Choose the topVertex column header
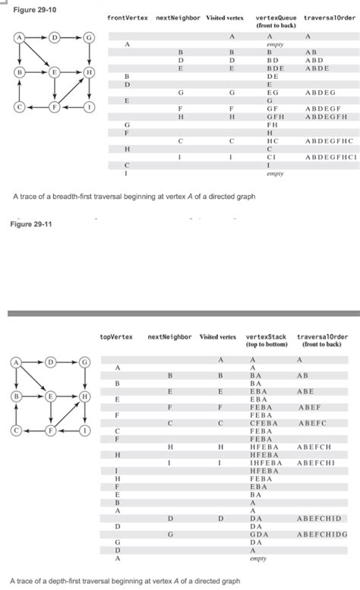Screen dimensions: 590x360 coord(118,336)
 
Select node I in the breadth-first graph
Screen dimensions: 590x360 coord(90,107)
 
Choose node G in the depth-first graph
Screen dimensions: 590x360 coord(90,362)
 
